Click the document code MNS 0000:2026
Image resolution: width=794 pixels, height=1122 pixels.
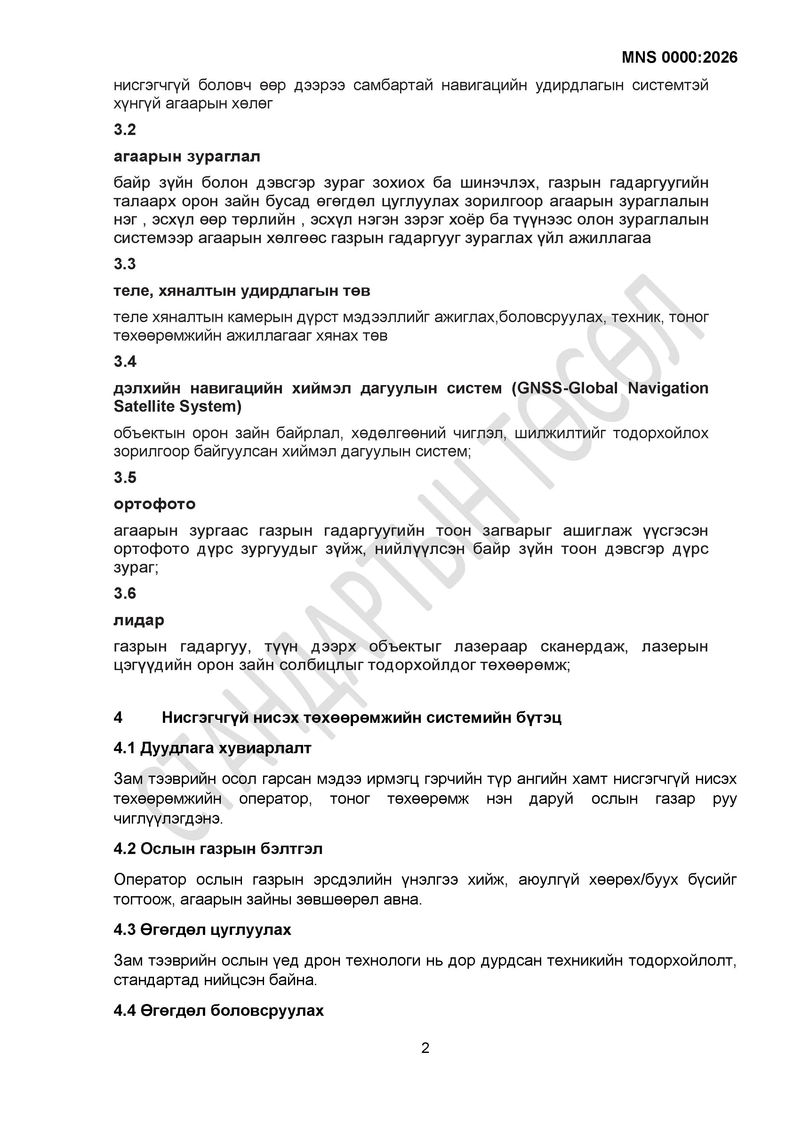(x=679, y=58)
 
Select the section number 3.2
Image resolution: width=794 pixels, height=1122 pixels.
(x=125, y=130)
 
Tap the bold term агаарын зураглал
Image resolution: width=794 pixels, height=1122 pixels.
(x=187, y=156)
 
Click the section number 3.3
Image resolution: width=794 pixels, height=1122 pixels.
(x=125, y=264)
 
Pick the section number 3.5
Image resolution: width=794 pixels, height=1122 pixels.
(x=125, y=478)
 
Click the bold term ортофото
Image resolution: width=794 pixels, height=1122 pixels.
(x=155, y=504)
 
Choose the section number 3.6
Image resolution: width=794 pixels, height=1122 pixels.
(x=125, y=593)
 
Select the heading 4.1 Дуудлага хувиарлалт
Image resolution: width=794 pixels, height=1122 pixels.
(x=212, y=748)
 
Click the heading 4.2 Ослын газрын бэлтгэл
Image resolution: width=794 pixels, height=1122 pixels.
(x=218, y=849)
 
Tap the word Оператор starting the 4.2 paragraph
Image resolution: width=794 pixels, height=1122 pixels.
(x=150, y=880)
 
